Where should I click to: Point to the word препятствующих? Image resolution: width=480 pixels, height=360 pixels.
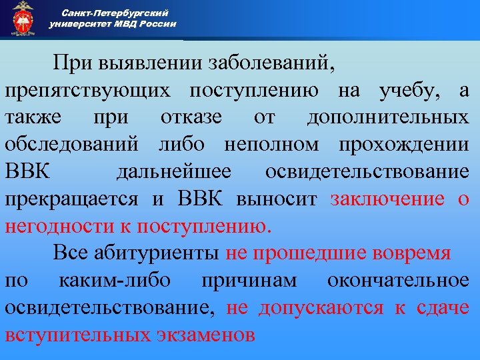pos(91,91)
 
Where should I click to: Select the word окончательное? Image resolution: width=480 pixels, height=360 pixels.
pos(398,281)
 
